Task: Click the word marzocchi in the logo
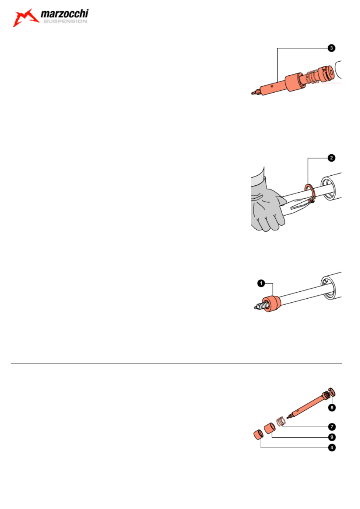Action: (x=65, y=14)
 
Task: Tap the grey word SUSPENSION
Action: (x=65, y=21)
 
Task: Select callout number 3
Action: (x=331, y=48)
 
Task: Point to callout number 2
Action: (x=331, y=158)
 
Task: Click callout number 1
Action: (x=261, y=283)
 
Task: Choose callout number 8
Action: (x=332, y=408)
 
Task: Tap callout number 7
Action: (x=332, y=427)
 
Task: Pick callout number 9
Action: (x=332, y=437)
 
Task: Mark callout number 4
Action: (x=332, y=448)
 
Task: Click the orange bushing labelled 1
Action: (x=271, y=303)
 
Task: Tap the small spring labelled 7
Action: (x=281, y=422)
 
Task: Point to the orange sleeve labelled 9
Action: (x=270, y=428)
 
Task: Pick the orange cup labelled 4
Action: (x=258, y=435)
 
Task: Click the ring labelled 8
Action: (x=332, y=393)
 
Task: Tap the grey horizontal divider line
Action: (x=176, y=364)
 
